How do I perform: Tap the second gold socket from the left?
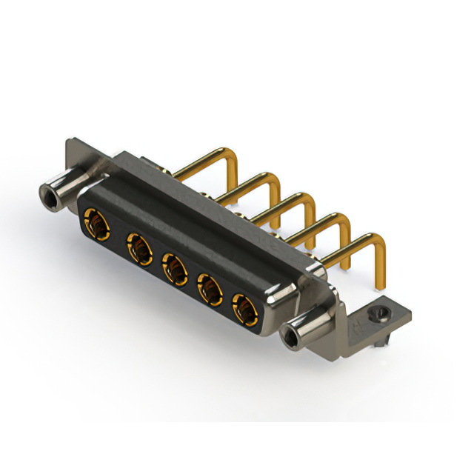(138, 247)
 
